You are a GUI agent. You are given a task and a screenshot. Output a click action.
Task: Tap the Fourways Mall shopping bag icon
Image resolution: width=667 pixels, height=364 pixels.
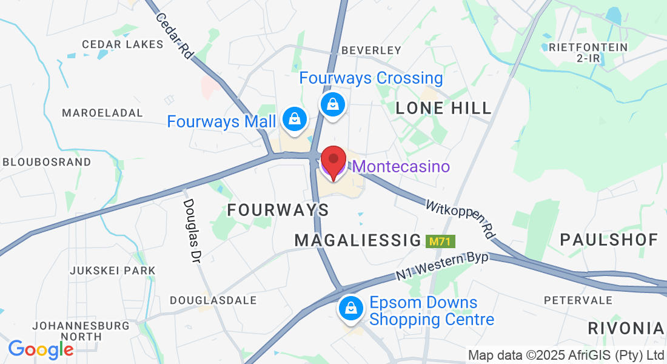[x=294, y=119]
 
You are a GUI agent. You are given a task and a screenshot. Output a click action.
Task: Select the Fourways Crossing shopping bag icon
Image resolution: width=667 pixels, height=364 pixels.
[x=333, y=103]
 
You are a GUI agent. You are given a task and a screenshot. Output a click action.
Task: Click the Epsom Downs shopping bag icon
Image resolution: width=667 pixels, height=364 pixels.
[x=351, y=308]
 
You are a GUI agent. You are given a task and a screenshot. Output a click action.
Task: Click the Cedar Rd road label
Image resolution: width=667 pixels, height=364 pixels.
[x=174, y=36]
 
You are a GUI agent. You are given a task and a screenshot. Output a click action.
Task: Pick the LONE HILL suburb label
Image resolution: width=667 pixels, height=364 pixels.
[x=443, y=109]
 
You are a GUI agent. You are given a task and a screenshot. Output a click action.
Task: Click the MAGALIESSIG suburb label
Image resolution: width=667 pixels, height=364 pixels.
[x=358, y=240]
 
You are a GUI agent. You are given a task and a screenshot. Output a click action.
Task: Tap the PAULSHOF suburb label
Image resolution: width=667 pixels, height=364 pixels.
[x=609, y=240]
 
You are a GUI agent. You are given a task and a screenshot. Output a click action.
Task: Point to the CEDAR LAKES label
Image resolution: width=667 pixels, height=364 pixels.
[x=122, y=44]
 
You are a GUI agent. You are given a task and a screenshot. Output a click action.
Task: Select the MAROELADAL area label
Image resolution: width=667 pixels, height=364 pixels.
[x=102, y=113]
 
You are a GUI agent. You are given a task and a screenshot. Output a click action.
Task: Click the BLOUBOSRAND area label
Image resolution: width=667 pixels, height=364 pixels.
[x=47, y=162]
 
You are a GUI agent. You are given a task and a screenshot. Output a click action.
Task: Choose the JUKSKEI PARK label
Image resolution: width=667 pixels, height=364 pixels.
[x=113, y=270]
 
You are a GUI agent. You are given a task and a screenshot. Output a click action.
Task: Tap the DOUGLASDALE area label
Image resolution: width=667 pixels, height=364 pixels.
[x=213, y=300]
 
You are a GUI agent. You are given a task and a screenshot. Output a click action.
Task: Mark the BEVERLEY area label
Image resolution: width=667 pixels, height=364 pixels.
[x=371, y=50]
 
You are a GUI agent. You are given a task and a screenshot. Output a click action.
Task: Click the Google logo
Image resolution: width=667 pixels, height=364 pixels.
[x=41, y=349]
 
